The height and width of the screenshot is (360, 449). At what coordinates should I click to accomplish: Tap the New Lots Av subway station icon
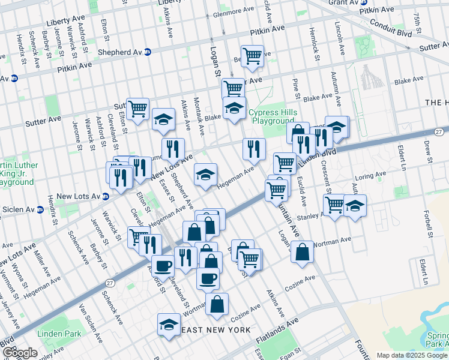[105, 196]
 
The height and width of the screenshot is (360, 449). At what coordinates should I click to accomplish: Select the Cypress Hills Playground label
[273, 116]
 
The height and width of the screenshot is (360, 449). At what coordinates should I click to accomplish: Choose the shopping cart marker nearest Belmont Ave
[252, 56]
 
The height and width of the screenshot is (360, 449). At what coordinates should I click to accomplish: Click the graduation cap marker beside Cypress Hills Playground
[234, 108]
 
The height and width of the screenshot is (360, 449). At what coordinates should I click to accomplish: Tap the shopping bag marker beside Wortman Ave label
[302, 252]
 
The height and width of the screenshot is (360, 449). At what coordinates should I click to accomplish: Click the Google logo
[19, 353]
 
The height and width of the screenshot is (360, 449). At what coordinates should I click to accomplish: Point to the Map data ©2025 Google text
[412, 355]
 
